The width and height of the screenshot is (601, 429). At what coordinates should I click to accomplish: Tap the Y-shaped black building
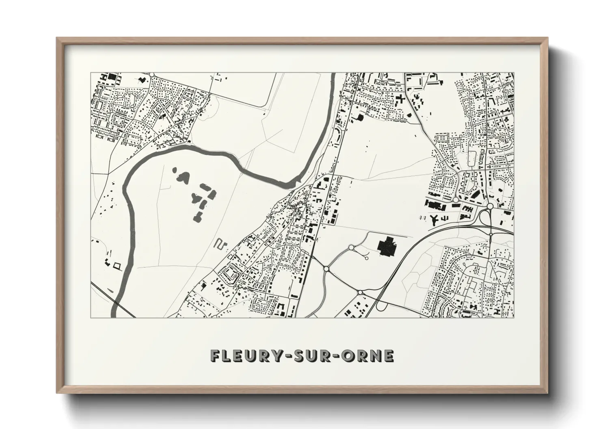pyautogui.click(x=434, y=219)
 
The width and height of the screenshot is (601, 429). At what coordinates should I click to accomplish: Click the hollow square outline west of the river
pyautogui.click(x=118, y=266)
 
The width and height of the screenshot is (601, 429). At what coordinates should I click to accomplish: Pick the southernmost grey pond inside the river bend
pyautogui.click(x=199, y=217)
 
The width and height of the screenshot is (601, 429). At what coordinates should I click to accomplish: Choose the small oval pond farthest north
pyautogui.click(x=175, y=171)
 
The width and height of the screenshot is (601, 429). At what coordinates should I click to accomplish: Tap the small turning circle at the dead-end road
pyautogui.click(x=367, y=258)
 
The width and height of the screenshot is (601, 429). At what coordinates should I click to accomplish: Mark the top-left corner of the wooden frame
pyautogui.click(x=57, y=38)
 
